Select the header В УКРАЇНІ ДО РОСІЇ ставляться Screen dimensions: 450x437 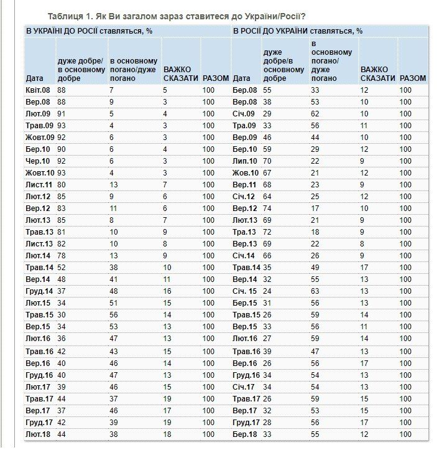tap(88, 29)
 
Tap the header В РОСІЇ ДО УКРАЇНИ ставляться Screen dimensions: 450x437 tap(298, 29)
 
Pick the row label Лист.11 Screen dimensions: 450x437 tap(39, 184)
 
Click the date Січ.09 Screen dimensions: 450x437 tap(244, 113)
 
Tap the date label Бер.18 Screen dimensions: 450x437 tap(244, 434)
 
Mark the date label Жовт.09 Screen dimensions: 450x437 tap(40, 137)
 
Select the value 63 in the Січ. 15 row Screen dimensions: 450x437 tap(315, 290)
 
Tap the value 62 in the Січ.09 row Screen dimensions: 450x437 tap(315, 113)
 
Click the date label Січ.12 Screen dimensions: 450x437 tap(244, 195)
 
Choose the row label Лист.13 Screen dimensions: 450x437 tap(39, 243)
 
